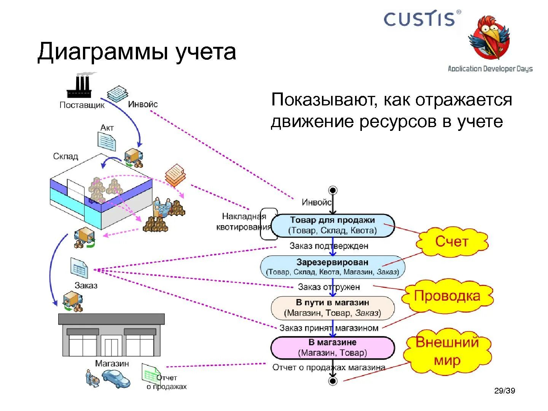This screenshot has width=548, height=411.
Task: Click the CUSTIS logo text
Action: click(419, 19)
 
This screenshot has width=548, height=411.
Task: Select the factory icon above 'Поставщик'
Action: click(79, 86)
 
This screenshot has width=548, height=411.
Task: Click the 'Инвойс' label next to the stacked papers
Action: click(143, 104)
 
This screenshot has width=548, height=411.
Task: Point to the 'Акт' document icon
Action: click(107, 142)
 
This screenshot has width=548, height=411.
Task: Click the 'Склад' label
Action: click(65, 156)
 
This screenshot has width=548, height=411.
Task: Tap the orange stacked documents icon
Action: click(175, 175)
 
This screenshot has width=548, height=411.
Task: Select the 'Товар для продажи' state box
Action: click(333, 225)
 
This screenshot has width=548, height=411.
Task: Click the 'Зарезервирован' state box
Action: click(333, 267)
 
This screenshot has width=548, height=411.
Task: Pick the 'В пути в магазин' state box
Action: click(333, 307)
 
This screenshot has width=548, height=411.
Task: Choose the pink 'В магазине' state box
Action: click(333, 347)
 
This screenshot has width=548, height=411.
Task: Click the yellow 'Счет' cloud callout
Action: click(452, 242)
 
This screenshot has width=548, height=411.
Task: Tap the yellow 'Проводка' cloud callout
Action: click(447, 296)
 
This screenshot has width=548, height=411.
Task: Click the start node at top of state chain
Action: click(333, 190)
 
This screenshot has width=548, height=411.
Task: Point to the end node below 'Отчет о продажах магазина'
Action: click(333, 381)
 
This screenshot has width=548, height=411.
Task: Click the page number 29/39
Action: click(505, 390)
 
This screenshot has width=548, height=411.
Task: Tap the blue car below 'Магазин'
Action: click(116, 379)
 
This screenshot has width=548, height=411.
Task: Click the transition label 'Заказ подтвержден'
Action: click(329, 246)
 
